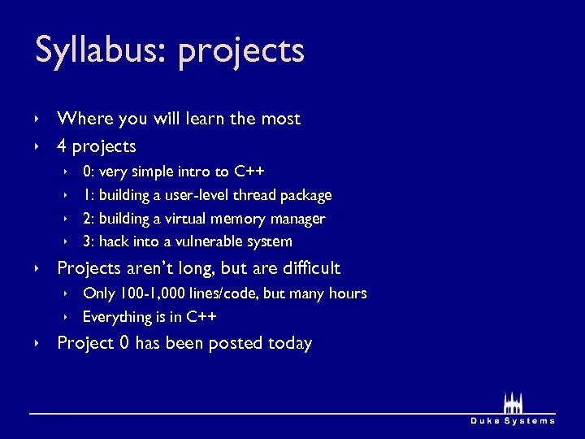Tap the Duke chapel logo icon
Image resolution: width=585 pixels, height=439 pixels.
pyautogui.click(x=513, y=402)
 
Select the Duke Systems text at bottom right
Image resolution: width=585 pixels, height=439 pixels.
pyautogui.click(x=513, y=420)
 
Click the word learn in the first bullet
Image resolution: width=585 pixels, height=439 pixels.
pyautogui.click(x=204, y=119)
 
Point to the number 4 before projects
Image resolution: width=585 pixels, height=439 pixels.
pyautogui.click(x=62, y=147)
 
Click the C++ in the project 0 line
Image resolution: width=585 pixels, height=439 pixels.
pyautogui.click(x=249, y=172)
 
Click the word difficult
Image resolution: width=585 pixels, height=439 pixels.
pyautogui.click(x=310, y=268)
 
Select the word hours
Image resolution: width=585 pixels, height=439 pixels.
pyautogui.click(x=348, y=293)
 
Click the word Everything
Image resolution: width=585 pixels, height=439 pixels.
pyautogui.click(x=118, y=317)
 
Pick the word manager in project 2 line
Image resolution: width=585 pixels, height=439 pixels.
pyautogui.click(x=297, y=219)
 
